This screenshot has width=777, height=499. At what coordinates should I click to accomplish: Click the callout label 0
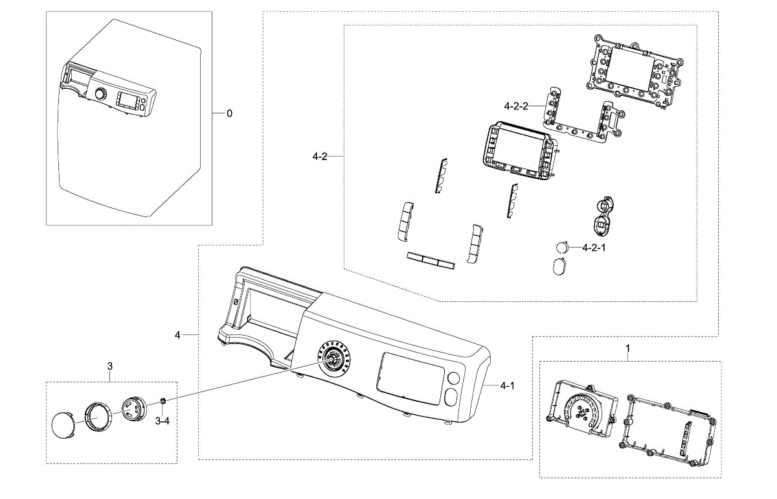click(x=229, y=113)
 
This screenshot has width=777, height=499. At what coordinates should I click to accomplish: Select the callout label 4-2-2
click(x=516, y=106)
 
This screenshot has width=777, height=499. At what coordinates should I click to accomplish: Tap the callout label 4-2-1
click(x=594, y=248)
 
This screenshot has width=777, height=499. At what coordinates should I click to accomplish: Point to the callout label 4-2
click(x=319, y=157)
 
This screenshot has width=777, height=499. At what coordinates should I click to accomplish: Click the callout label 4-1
click(x=507, y=386)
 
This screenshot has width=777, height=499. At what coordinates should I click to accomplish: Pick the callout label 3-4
click(x=163, y=421)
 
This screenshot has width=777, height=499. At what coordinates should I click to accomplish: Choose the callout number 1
click(x=627, y=348)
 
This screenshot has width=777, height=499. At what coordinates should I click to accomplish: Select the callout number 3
click(x=109, y=366)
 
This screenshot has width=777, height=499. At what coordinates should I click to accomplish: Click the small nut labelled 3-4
click(x=162, y=402)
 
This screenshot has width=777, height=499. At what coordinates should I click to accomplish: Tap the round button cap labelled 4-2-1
click(x=563, y=248)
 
